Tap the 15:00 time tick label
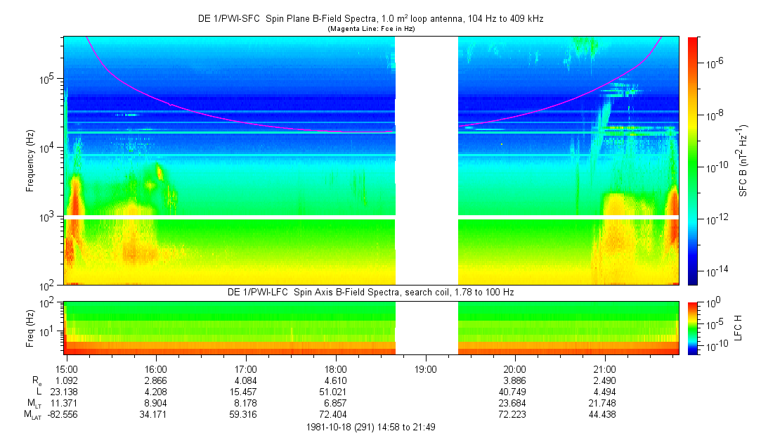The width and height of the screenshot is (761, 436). tap(66, 368)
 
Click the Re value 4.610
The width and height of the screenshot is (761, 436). tap(336, 380)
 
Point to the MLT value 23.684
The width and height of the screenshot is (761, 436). tap(515, 402)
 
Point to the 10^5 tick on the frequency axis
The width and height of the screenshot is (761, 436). tap(51, 79)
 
